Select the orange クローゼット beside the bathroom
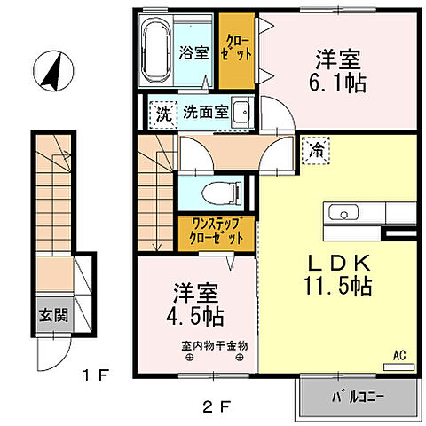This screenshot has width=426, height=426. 237,50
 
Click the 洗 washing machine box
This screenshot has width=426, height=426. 163,114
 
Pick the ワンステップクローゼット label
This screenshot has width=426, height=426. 217,233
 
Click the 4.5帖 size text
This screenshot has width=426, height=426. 193,315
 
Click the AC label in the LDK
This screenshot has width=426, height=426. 400,354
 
